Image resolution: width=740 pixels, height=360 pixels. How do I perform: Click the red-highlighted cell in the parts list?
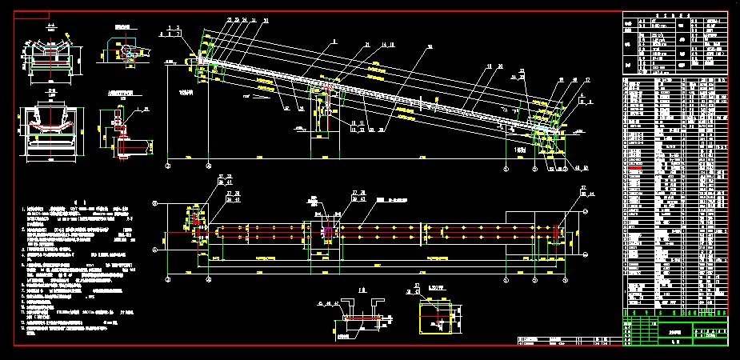tap(636, 170)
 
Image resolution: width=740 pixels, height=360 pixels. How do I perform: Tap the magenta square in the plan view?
tap(326, 232)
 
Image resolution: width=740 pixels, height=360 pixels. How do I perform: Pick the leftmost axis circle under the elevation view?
tap(167, 169)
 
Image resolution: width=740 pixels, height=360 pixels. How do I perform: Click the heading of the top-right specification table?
tap(674, 14)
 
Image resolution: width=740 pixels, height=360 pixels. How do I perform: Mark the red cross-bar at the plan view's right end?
tap(557, 232)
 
